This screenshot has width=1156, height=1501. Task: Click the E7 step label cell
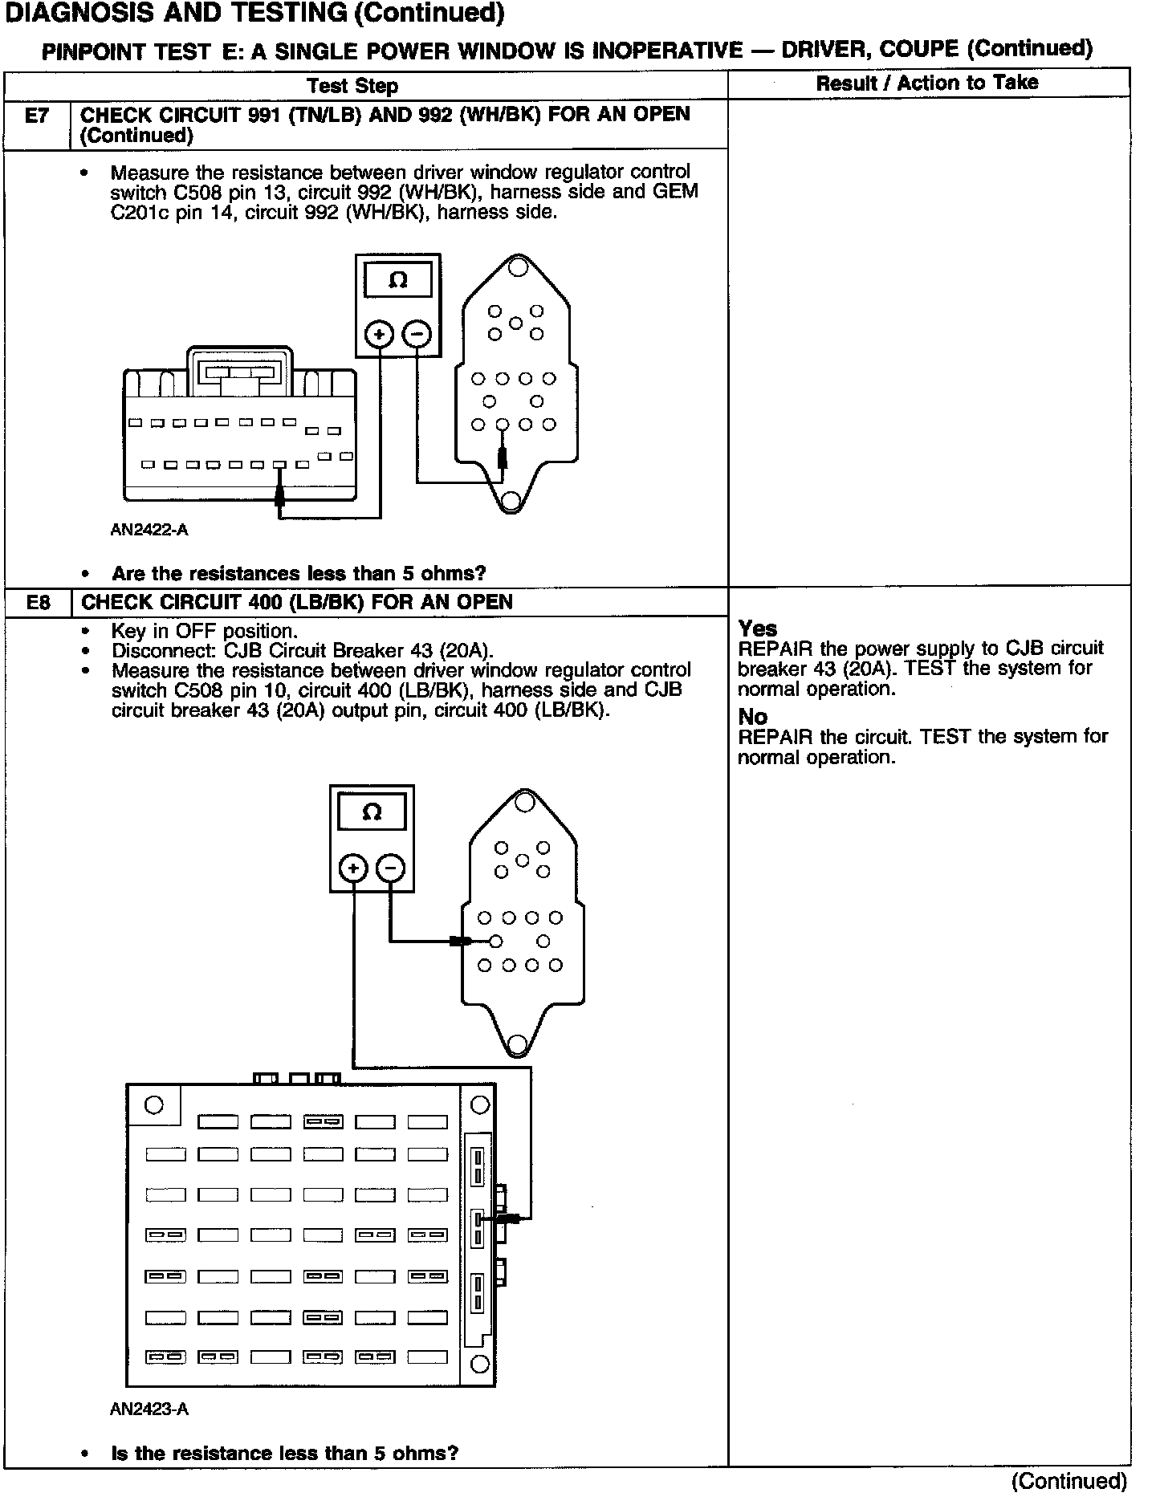pos(37,116)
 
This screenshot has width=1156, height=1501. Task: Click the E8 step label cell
pos(38,603)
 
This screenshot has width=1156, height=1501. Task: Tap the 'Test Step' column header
pos(352,86)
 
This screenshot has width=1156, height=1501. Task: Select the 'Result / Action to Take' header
pos(927,83)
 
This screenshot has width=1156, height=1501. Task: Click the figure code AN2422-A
pos(149,530)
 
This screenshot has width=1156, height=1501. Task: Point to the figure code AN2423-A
pos(149,1409)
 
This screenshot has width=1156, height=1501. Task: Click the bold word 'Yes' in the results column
pos(758,628)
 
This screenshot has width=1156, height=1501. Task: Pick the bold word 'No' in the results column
pos(753,717)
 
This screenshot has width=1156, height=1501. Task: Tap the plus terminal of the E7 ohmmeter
pos(380,334)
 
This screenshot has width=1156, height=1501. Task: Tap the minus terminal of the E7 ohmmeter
pos(417,334)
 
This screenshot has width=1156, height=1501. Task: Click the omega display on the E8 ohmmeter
pos(372,812)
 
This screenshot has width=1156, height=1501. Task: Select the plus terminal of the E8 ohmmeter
pos(353,868)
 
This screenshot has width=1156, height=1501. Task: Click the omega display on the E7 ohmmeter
pos(398,281)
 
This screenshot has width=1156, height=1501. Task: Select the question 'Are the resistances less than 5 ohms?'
pos(299,573)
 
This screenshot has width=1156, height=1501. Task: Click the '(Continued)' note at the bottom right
pos(1069,1480)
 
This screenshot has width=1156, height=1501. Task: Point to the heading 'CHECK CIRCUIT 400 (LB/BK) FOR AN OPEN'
pos(297,603)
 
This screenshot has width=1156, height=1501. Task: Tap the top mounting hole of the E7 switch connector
pos(518,266)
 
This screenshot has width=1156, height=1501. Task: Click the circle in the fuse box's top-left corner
pos(153,1105)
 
